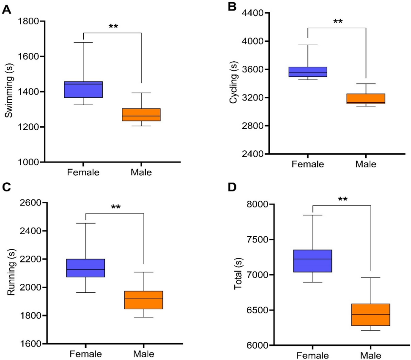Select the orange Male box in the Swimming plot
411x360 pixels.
[141, 115]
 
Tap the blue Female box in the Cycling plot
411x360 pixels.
[307, 72]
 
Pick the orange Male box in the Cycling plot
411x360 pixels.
[365, 98]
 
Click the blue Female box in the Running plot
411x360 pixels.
[86, 268]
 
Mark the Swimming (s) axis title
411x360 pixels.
[8, 91]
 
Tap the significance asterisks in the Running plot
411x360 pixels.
[115, 208]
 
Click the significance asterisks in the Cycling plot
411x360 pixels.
[337, 22]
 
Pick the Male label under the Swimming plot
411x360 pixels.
[141, 172]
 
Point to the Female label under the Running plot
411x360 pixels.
[86, 354]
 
